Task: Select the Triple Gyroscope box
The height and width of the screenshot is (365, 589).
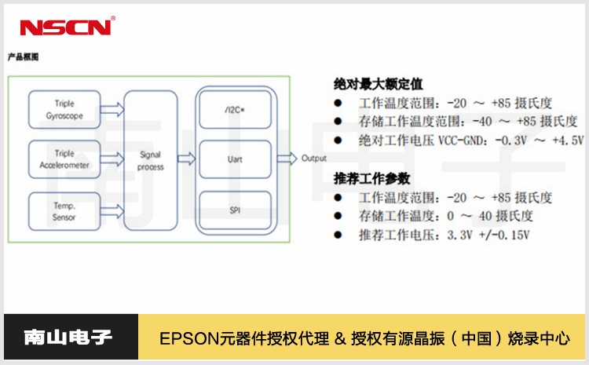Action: tap(65, 109)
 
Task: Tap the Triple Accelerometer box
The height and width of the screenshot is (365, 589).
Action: tap(65, 160)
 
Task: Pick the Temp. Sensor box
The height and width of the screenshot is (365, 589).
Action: tap(65, 212)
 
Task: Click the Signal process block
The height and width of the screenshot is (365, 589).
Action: tap(150, 161)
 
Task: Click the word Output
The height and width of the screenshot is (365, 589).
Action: tap(314, 159)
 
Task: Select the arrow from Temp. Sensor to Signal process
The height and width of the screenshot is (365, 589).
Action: tap(113, 211)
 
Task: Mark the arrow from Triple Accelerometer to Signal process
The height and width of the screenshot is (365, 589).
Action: tap(113, 160)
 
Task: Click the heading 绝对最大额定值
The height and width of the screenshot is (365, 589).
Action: tap(379, 82)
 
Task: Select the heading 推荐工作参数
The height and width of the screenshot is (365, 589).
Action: tap(372, 177)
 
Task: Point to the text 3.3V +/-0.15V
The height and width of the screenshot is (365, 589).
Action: tap(487, 235)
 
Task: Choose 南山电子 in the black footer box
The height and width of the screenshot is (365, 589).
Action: tap(68, 338)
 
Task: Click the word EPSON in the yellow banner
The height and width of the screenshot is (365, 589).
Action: tap(182, 339)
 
